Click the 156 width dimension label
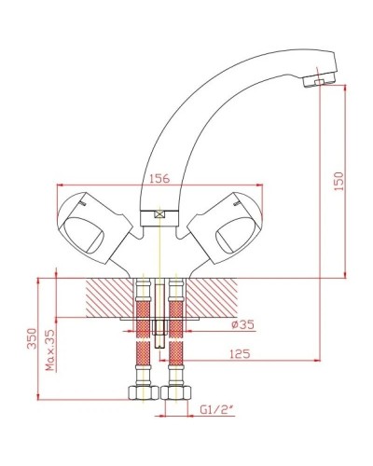pyautogui.click(x=159, y=181)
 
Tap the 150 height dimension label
pyautogui.click(x=339, y=177)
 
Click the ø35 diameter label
pyautogui.click(x=216, y=324)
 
